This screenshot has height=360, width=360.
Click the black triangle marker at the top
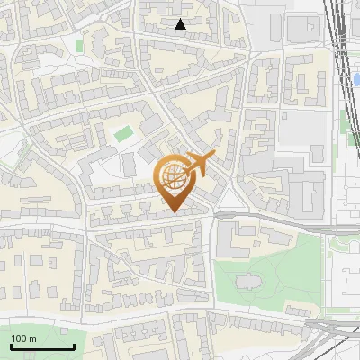pyautogui.click(x=181, y=24)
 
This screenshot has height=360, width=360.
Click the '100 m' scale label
pyautogui.click(x=23, y=338)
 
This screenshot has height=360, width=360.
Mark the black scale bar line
pyautogui.click(x=42, y=347)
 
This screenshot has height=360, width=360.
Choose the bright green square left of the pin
pyautogui.click(x=123, y=135)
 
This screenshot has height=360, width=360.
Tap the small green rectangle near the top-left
pyautogui.click(x=79, y=44)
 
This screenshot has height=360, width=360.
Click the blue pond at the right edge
pyautogui.click(x=356, y=80)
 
